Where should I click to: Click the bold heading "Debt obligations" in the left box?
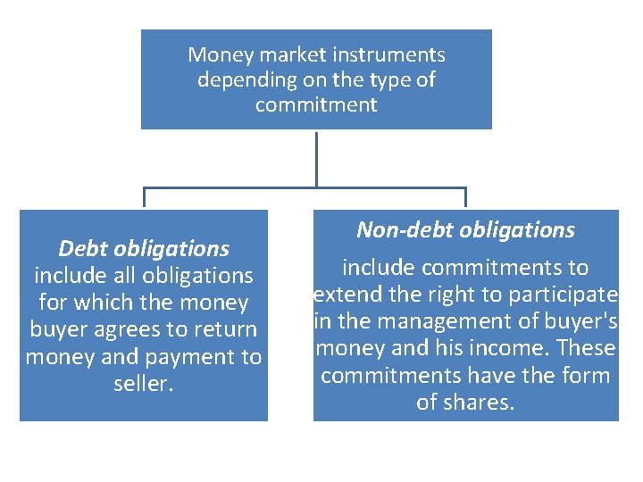click(x=144, y=248)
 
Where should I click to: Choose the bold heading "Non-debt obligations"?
click(x=465, y=229)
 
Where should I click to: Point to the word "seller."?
click(x=144, y=384)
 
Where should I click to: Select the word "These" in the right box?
click(x=589, y=348)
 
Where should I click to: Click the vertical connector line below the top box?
click(x=316, y=158)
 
